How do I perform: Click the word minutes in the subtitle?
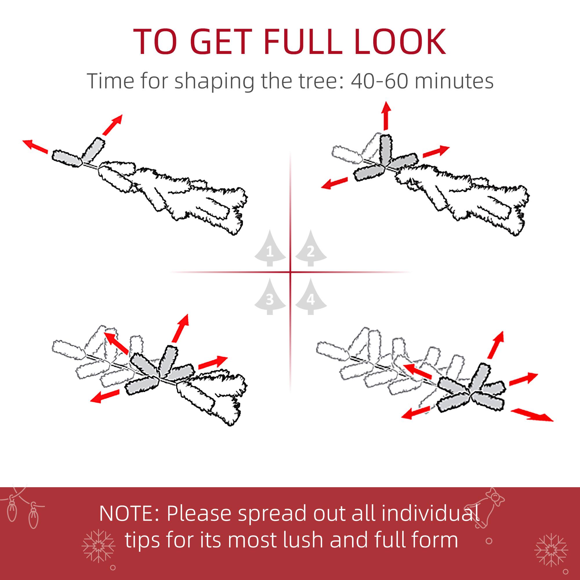pos(454,81)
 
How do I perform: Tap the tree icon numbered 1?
pos(270,249)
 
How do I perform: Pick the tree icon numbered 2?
pos(311,249)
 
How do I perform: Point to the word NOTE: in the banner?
pos(130,513)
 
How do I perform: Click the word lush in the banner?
pos(303,540)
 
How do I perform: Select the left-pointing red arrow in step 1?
pos(35,146)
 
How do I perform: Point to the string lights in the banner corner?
pos(23,507)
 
